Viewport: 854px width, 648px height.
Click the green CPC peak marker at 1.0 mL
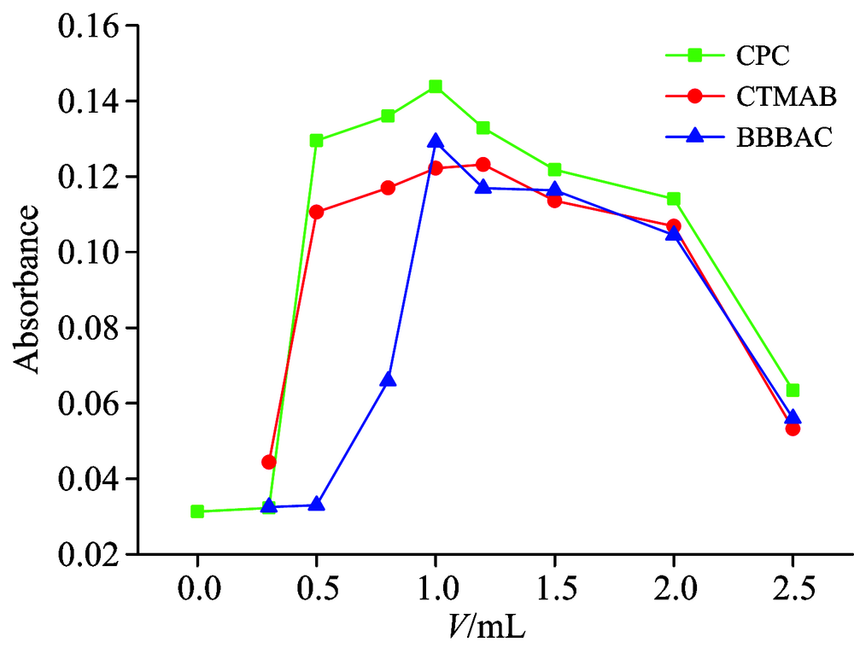(436, 86)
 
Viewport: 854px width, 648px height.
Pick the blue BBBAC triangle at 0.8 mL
(388, 379)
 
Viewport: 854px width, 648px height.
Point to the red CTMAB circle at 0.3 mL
(269, 462)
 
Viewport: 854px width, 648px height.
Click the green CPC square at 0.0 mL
(197, 511)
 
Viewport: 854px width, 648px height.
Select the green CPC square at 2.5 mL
(793, 390)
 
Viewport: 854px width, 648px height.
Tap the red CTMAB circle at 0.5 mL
(317, 212)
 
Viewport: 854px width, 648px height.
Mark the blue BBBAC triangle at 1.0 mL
(436, 141)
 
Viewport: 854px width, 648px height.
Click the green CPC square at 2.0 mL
(674, 199)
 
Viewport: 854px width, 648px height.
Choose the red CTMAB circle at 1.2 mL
(483, 164)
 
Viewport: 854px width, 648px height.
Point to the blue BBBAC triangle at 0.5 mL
(317, 505)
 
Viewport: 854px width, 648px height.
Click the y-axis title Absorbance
(29, 289)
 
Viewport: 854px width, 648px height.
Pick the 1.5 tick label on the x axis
(554, 590)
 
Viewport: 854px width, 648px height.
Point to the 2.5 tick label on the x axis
(793, 590)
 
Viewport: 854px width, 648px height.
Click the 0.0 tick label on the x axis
(197, 590)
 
